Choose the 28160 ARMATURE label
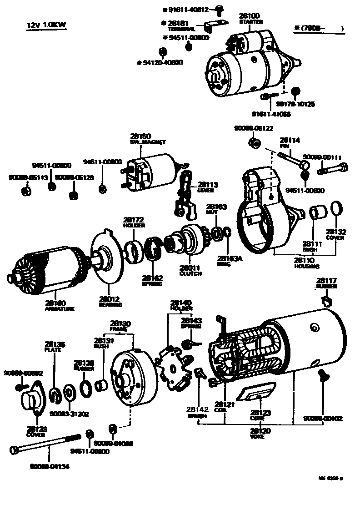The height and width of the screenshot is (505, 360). (54, 305)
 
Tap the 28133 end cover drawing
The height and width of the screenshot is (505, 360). (31, 400)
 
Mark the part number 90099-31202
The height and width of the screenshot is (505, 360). (69, 414)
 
